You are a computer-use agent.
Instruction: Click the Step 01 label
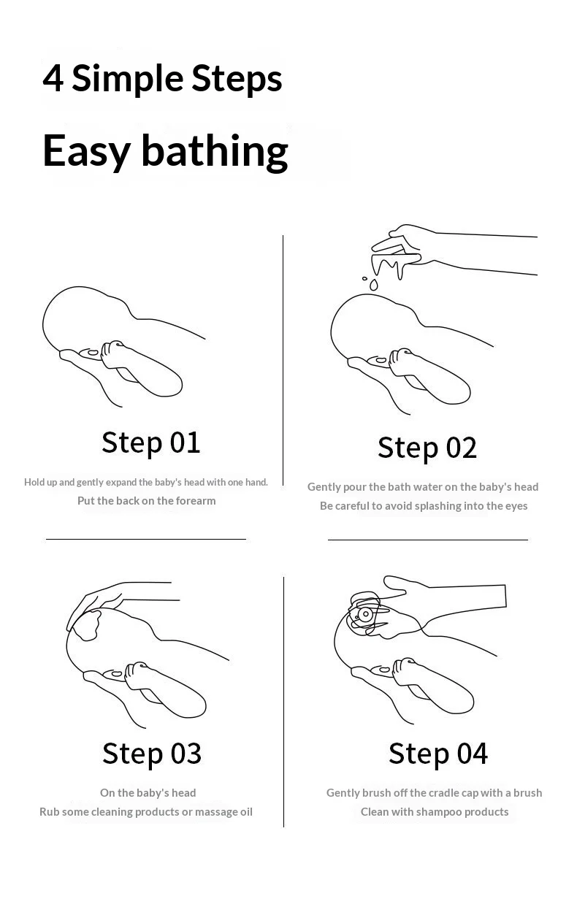(x=151, y=443)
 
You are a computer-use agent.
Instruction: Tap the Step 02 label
(x=427, y=448)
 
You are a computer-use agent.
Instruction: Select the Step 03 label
(x=152, y=754)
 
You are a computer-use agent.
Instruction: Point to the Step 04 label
(x=438, y=754)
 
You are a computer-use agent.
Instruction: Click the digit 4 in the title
(x=53, y=78)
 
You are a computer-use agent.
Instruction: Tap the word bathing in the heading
(x=215, y=151)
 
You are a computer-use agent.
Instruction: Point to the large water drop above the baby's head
(x=373, y=285)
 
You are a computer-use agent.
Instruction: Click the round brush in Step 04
(x=364, y=614)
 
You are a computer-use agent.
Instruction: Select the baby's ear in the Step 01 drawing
(x=91, y=353)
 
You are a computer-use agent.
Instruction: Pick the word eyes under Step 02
(x=516, y=507)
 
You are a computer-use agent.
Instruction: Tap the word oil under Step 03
(x=246, y=812)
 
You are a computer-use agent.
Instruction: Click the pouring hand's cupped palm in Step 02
(x=396, y=258)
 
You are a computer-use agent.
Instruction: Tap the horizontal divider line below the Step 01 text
(x=146, y=539)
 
